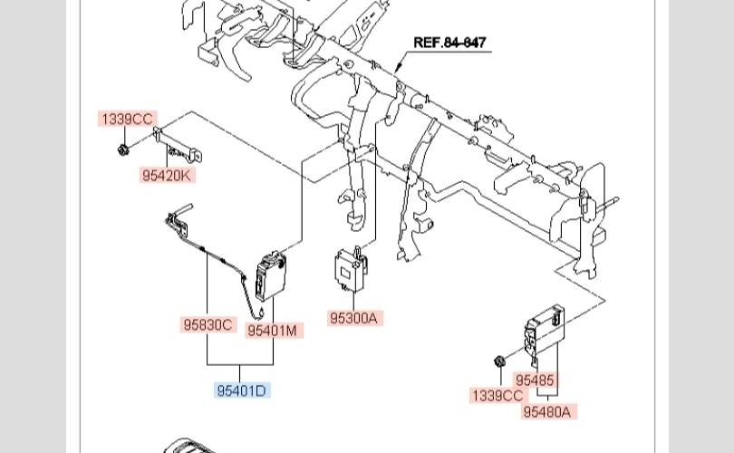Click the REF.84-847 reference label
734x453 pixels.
(x=449, y=43)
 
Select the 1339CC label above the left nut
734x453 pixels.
(x=128, y=119)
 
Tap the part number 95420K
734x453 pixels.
(x=167, y=176)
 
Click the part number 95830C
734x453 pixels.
(x=208, y=324)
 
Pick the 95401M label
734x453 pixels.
(x=272, y=331)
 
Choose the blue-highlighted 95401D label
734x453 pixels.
(x=242, y=390)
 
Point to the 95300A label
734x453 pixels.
(x=353, y=318)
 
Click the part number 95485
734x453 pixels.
(x=535, y=380)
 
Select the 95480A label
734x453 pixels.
(x=546, y=412)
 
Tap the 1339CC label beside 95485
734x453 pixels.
(x=497, y=396)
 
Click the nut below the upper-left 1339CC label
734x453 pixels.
(x=123, y=150)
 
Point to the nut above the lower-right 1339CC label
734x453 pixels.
(x=500, y=361)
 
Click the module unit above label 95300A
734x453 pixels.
(x=351, y=269)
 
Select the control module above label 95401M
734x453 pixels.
(x=271, y=276)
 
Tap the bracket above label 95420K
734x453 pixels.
(x=178, y=146)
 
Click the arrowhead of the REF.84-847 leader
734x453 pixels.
(x=397, y=70)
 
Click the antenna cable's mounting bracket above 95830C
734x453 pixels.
(x=178, y=220)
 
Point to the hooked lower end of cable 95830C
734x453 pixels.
(x=259, y=314)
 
